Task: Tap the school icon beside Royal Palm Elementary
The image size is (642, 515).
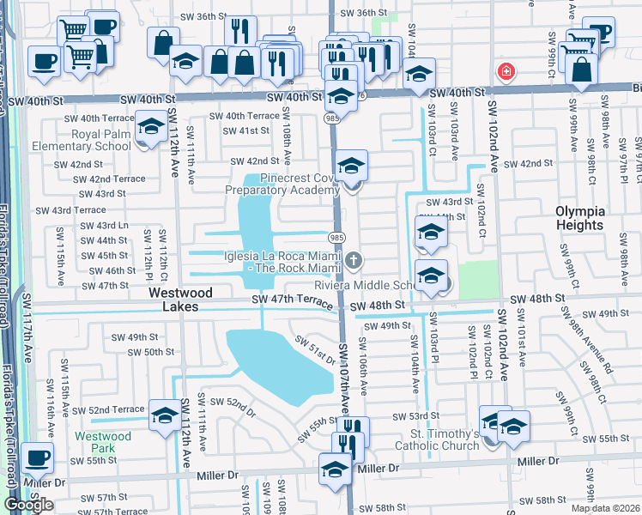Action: tap(151, 129)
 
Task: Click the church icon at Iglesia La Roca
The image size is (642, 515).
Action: tap(353, 259)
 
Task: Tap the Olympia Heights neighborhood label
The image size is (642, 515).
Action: tap(579, 218)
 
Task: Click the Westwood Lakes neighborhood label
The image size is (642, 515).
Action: tap(181, 300)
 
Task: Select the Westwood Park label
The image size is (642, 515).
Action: tap(102, 442)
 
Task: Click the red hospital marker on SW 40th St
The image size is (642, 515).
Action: tap(507, 71)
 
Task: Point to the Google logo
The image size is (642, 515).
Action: tap(28, 505)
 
